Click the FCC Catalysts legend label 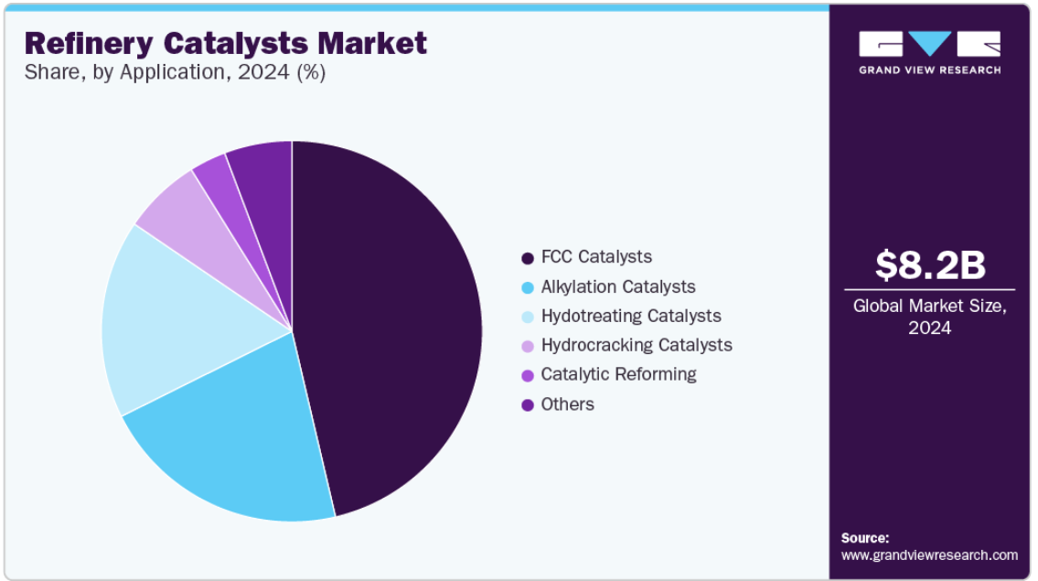pos(596,257)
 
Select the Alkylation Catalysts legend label pos(618,287)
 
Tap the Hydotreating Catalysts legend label pos(631,316)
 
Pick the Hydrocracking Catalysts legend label pos(637,345)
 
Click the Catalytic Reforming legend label pos(619,374)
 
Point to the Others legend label pos(567,404)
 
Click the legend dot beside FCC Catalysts pos(528,258)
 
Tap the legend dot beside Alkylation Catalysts pos(528,287)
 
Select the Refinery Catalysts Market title pos(226,43)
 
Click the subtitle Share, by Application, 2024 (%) pos(175,72)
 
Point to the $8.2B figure pos(930,264)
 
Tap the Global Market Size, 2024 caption pos(929,317)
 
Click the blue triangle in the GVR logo pos(930,43)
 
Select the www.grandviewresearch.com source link pos(929,555)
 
